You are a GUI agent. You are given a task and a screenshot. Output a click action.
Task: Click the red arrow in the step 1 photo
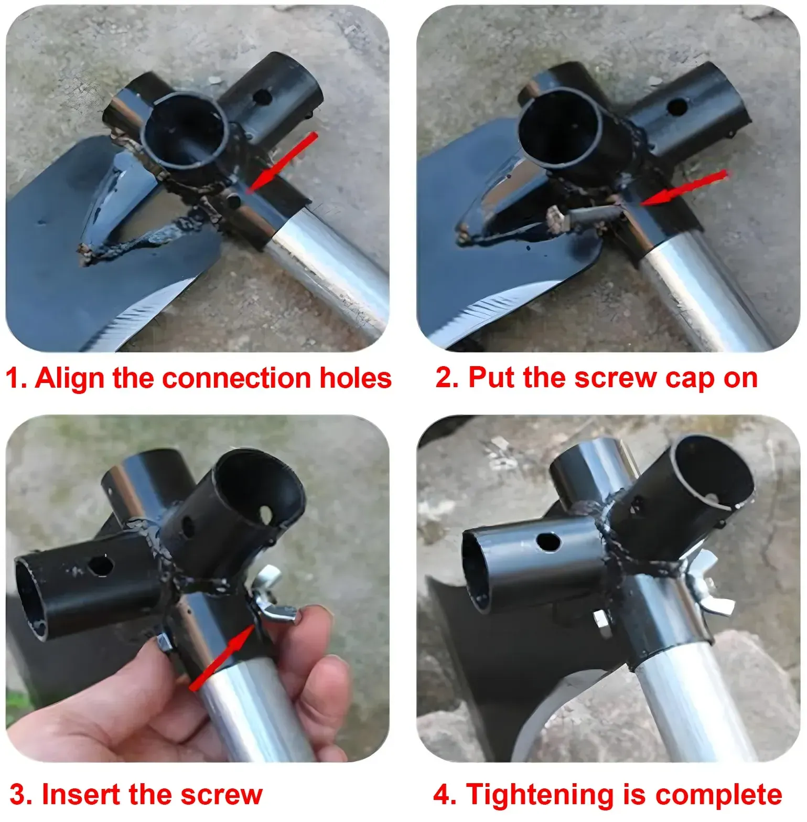point(282,162)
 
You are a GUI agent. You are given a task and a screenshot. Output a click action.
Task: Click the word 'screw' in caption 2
point(616,378)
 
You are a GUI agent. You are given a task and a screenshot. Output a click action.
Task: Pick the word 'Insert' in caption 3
point(81,794)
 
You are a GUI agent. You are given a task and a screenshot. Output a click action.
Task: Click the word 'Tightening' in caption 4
point(548,795)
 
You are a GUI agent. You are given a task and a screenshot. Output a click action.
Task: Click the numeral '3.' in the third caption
point(21,795)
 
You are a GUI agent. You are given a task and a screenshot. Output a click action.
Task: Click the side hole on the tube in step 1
point(262,96)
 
